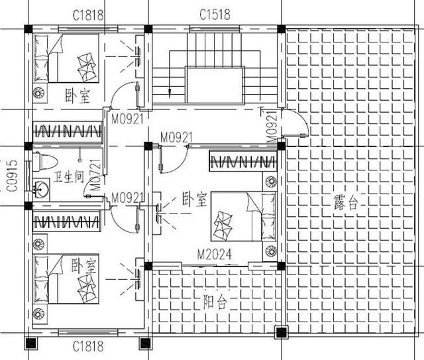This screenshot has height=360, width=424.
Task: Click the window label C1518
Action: (x=215, y=15)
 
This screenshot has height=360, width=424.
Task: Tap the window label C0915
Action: (x=12, y=176)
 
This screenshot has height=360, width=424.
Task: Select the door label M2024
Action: (x=214, y=255)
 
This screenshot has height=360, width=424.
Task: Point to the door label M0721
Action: (x=95, y=174)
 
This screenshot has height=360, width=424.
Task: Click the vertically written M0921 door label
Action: (x=272, y=127)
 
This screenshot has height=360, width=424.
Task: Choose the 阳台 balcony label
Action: (x=215, y=302)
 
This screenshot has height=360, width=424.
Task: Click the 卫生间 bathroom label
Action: (x=68, y=177)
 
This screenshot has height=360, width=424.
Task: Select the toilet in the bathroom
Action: (x=45, y=162)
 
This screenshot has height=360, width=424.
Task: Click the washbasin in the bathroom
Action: (x=41, y=188)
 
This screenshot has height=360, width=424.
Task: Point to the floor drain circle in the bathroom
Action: (x=79, y=160)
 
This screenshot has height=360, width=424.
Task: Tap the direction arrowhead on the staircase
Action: (x=170, y=93)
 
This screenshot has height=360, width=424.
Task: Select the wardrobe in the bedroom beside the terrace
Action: (x=243, y=161)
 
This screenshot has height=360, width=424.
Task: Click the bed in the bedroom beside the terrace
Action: (x=243, y=217)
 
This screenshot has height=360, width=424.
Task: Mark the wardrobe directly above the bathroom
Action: (x=67, y=131)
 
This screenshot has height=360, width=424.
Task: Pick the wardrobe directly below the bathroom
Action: (x=66, y=221)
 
